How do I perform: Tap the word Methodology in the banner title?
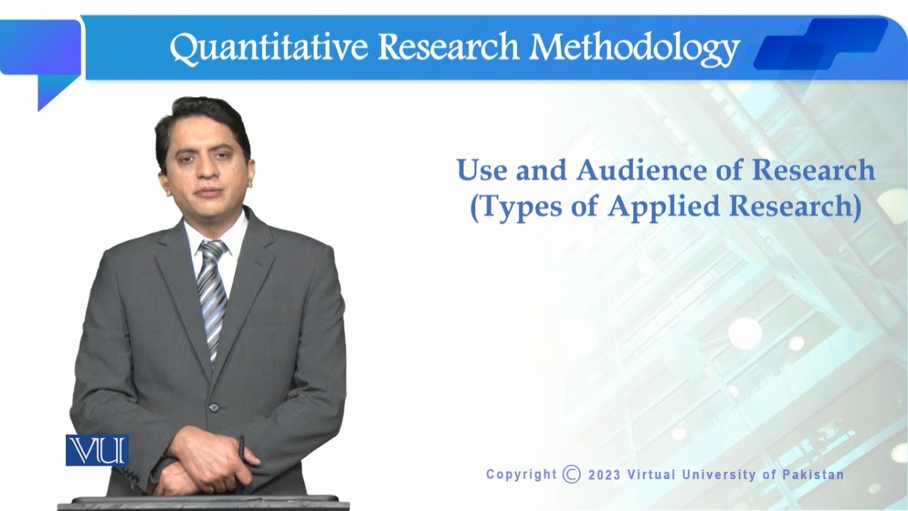pyautogui.click(x=634, y=48)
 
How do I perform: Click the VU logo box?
pyautogui.click(x=97, y=450)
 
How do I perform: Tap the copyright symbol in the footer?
pyautogui.click(x=571, y=474)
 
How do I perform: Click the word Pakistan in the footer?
pyautogui.click(x=813, y=475)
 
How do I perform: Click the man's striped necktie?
pyautogui.click(x=212, y=298)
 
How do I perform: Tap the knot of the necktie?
pyautogui.click(x=213, y=251)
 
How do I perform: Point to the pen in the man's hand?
pyautogui.click(x=242, y=447)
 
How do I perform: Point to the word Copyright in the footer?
pyautogui.click(x=521, y=475)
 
